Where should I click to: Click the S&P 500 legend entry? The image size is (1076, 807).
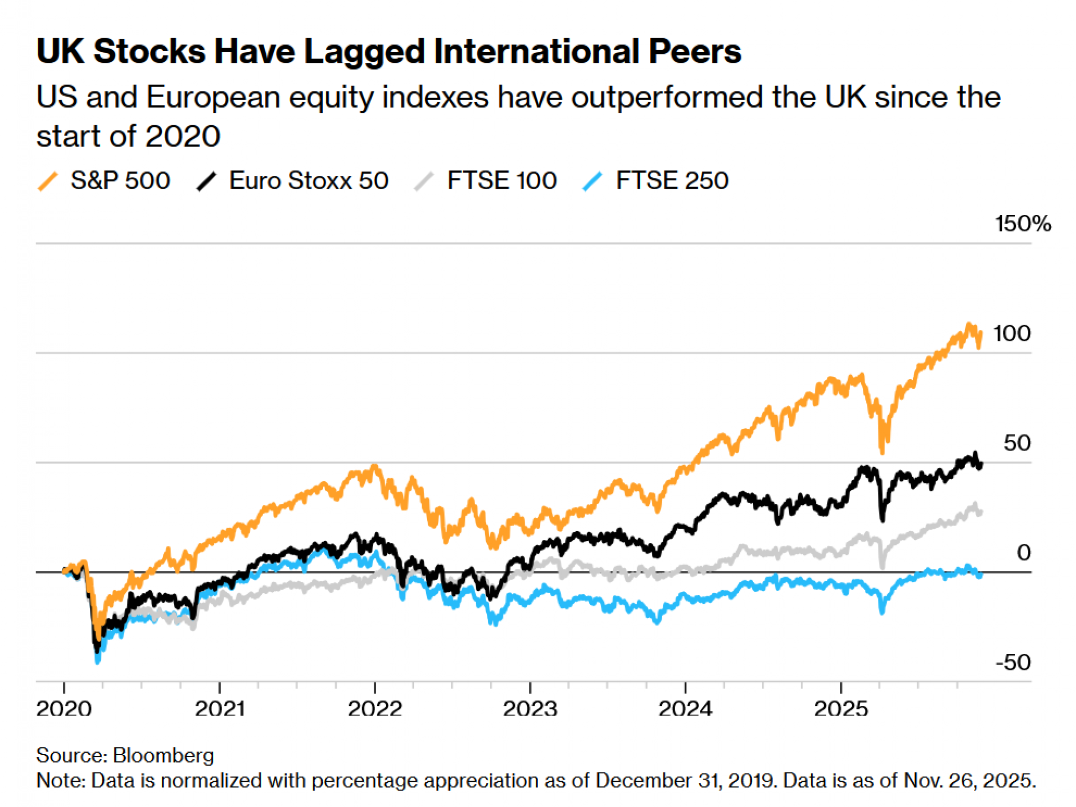[x=120, y=181]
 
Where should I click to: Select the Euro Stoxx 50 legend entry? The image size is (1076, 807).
[x=308, y=181]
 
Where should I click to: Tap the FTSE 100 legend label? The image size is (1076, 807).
[x=501, y=181]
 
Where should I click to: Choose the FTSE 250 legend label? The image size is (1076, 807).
[x=672, y=181]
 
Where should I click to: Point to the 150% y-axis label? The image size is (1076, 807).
[x=1022, y=224]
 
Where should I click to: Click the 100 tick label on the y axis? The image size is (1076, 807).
[x=1011, y=333]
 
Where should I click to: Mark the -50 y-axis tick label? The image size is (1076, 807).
[x=1013, y=662]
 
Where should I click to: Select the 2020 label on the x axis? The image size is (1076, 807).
[x=63, y=709]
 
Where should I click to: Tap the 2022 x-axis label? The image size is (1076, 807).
[x=374, y=709]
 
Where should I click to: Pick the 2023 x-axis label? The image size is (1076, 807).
[x=530, y=709]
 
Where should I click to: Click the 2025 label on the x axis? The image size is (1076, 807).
[x=840, y=709]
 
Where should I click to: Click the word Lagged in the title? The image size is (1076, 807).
[x=365, y=52]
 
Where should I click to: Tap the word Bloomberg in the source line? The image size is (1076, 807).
[x=164, y=755]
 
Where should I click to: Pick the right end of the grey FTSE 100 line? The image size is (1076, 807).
[x=981, y=512]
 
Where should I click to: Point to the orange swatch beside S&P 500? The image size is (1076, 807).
[x=48, y=181]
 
